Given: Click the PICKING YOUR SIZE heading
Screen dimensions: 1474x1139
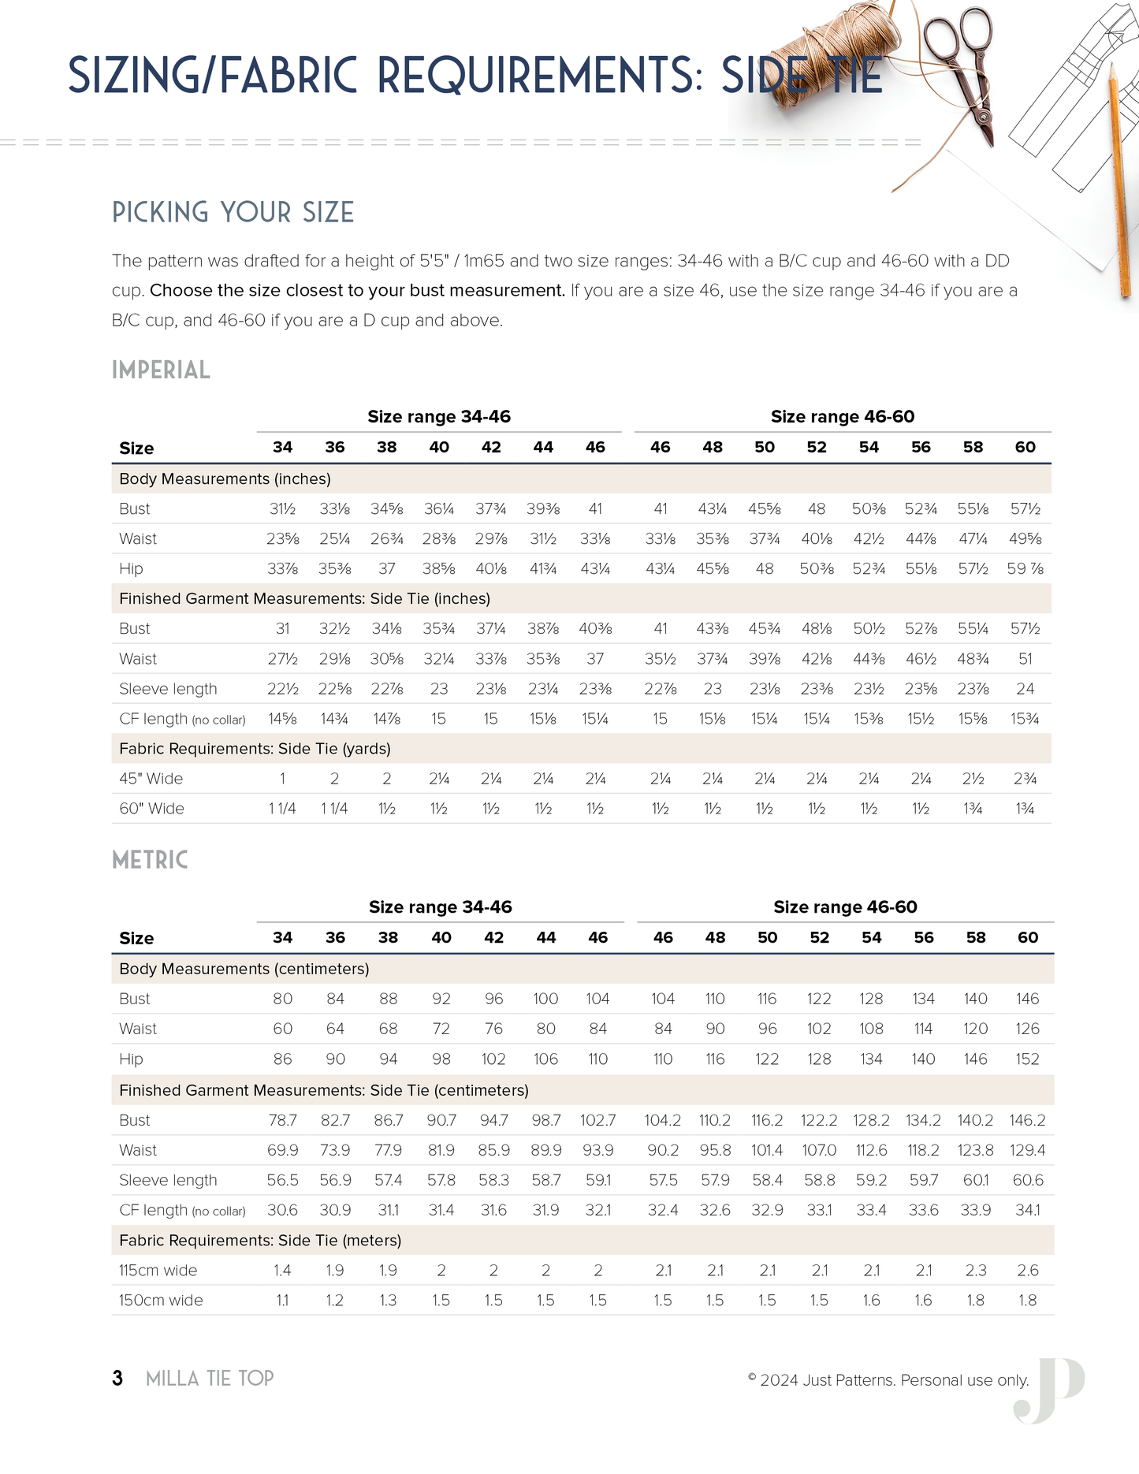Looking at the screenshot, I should tap(233, 212).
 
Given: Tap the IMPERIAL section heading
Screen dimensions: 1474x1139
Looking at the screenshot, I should tap(161, 370).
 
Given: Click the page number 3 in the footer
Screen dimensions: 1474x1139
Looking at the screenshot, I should tap(117, 1378).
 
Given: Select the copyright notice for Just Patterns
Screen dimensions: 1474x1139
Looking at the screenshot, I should tap(888, 1380).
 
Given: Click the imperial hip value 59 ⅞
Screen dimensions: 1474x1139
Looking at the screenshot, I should tap(1025, 569).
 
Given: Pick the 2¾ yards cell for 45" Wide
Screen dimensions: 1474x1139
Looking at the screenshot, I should tap(1025, 779).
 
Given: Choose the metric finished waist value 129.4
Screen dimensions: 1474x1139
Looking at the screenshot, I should tap(1027, 1150).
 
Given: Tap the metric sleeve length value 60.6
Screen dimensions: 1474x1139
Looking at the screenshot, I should tap(1028, 1180).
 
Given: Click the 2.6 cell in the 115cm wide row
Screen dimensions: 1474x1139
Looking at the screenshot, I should tap(1028, 1271).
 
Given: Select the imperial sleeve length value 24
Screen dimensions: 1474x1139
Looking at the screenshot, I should tap(1025, 689).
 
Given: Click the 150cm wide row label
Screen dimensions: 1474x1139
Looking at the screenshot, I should tap(161, 1301).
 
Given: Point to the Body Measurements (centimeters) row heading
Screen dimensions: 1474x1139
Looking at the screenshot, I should tap(244, 969).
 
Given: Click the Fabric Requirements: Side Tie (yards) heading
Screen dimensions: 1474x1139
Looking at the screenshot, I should tap(255, 749).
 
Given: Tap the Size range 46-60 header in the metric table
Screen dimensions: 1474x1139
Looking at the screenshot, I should tap(845, 907).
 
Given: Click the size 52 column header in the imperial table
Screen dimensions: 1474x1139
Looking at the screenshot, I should tap(817, 448).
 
